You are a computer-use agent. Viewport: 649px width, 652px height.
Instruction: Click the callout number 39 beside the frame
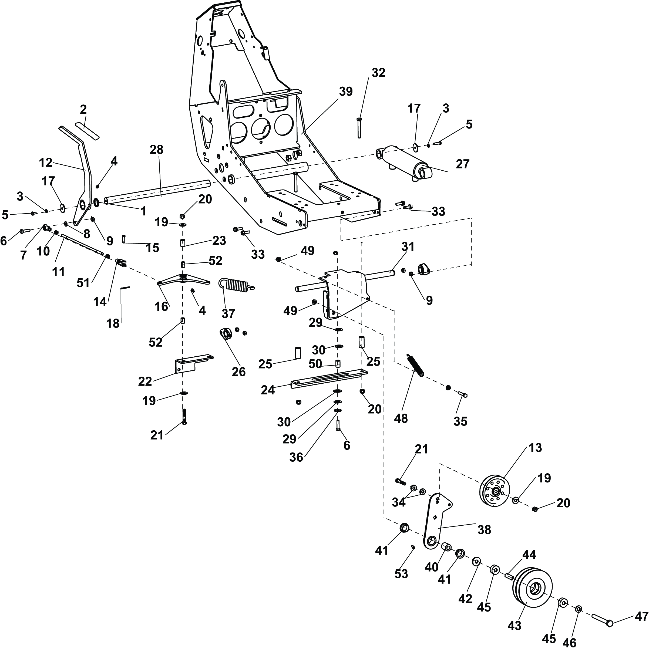click(x=346, y=92)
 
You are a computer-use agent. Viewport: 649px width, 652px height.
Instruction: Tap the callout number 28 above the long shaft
click(x=156, y=150)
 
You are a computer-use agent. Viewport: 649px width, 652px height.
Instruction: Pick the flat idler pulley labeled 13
click(x=495, y=491)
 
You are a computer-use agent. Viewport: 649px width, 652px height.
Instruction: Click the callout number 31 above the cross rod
click(x=408, y=247)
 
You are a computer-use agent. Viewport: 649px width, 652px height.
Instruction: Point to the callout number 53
click(x=401, y=574)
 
